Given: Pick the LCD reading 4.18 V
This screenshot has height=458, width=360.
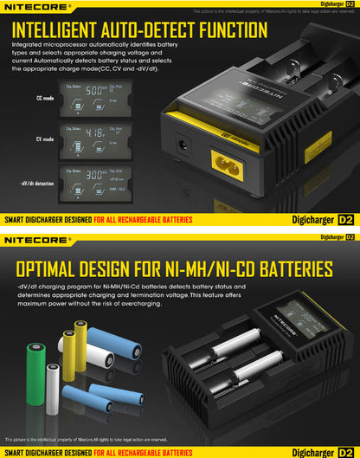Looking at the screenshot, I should [97, 135].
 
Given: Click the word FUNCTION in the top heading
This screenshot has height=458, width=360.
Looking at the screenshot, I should [222, 31].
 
